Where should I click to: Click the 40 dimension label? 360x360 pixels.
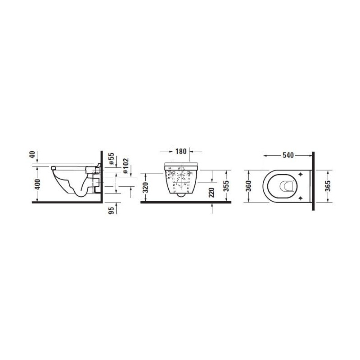pyautogui.click(x=32, y=154)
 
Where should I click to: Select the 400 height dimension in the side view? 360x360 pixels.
pyautogui.click(x=37, y=184)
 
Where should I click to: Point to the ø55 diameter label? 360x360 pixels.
pyautogui.click(x=111, y=158)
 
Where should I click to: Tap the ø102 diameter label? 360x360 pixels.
pyautogui.click(x=126, y=166)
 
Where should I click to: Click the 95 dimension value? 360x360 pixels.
pyautogui.click(x=111, y=211)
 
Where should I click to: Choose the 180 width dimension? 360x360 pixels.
pyautogui.click(x=181, y=152)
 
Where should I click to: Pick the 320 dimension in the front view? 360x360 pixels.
pyautogui.click(x=145, y=187)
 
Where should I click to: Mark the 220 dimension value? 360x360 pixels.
pyautogui.click(x=211, y=193)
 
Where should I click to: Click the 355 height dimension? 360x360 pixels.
pyautogui.click(x=226, y=186)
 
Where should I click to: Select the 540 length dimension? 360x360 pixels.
pyautogui.click(x=288, y=155)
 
